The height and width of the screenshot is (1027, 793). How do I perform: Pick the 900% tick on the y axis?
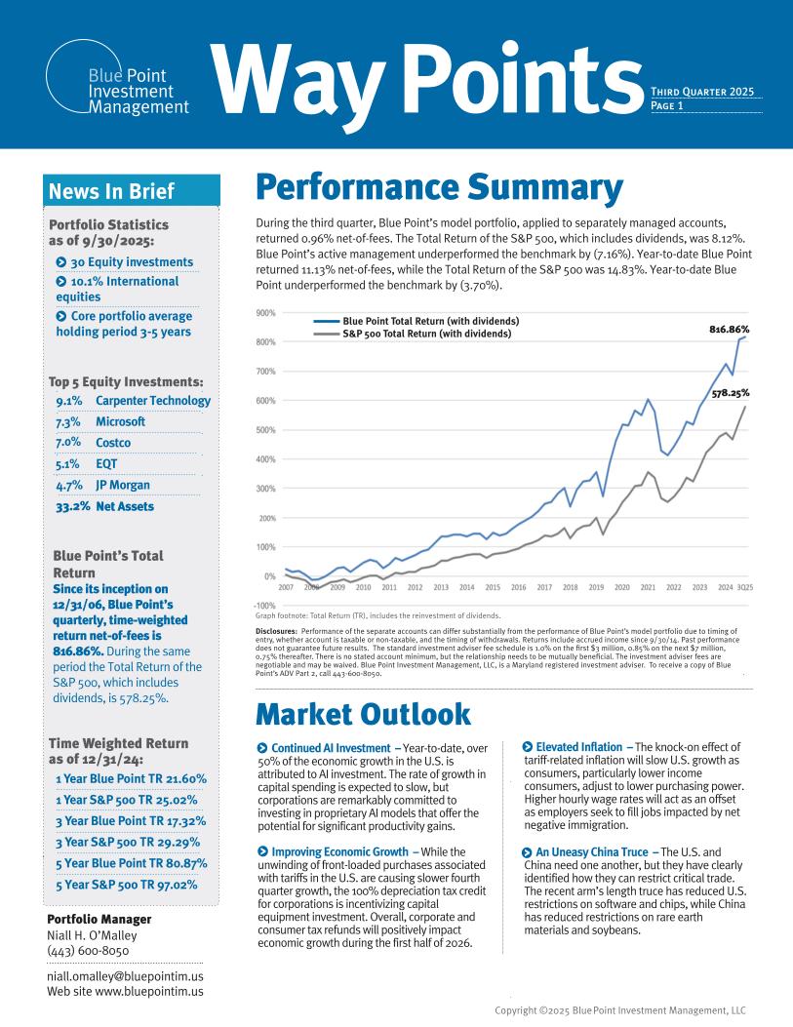265,313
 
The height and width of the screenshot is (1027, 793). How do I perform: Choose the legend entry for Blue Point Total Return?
430,321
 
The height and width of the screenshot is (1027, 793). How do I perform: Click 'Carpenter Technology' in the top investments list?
153,400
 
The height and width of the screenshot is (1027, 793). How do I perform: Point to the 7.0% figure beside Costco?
68,443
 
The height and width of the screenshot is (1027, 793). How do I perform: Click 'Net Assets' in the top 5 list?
125,506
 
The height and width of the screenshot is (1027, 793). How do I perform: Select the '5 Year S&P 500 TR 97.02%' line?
127,886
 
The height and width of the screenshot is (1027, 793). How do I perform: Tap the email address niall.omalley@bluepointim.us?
125,976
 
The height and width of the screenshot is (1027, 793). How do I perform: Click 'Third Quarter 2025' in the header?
705,93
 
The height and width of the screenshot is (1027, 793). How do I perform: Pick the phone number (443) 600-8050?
88,951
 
